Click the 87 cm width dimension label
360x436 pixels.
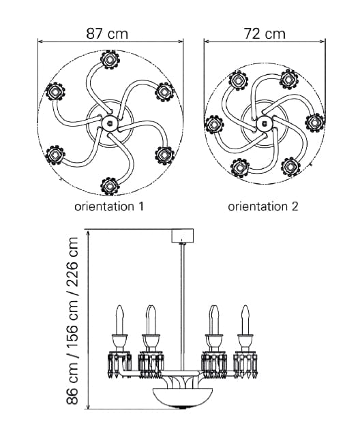(107, 33)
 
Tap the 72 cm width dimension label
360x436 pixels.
(265, 33)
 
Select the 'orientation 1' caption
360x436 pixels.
(109, 206)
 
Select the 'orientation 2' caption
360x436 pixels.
(263, 206)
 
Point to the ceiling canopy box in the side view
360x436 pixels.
(183, 236)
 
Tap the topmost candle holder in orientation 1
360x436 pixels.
(110, 59)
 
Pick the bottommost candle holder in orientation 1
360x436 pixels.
(110, 186)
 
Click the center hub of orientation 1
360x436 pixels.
(109, 123)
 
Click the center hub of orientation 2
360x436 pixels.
(263, 123)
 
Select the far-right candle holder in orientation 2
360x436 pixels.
(314, 123)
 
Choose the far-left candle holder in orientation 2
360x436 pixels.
(214, 125)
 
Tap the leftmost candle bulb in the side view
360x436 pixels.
(119, 320)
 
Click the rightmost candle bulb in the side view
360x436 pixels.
(245, 320)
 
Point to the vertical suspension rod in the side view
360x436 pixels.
(183, 307)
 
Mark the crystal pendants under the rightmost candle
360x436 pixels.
(245, 364)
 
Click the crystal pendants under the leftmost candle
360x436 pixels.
(119, 364)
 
